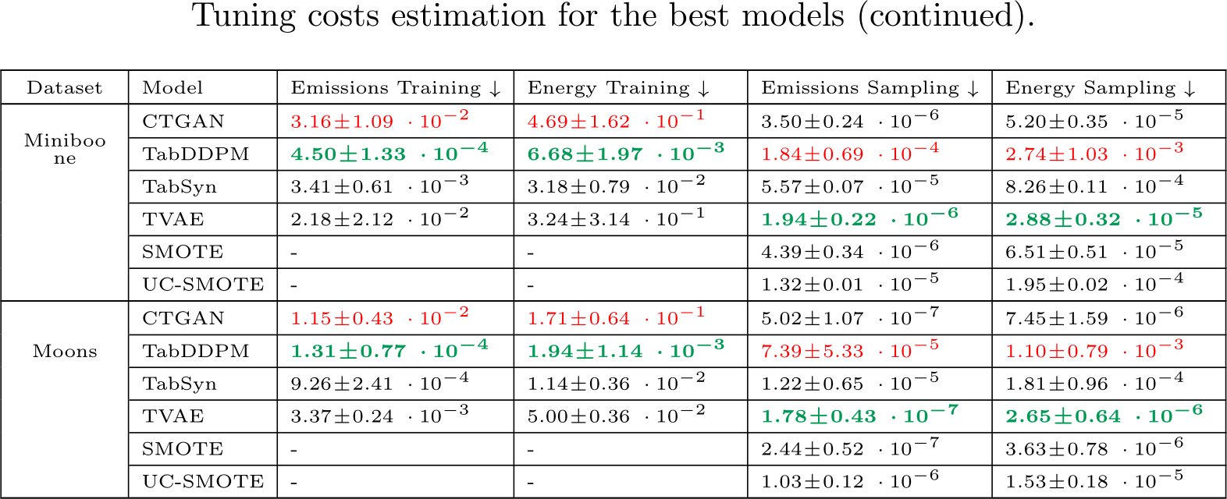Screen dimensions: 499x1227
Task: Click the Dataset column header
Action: [x=64, y=88]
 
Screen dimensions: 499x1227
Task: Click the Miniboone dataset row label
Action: [x=65, y=149]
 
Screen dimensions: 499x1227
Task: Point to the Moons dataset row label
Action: [x=65, y=352]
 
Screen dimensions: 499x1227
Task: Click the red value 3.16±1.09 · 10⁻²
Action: [x=379, y=121]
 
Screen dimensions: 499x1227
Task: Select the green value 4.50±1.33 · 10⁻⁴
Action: [x=389, y=154]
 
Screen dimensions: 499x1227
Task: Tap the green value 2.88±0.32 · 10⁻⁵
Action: [x=1103, y=219]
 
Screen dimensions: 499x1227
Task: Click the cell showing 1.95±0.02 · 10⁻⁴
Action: [x=1094, y=285]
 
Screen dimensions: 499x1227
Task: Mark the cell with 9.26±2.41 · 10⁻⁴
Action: [x=379, y=384]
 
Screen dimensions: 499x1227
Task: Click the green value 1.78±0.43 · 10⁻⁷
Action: [x=859, y=416]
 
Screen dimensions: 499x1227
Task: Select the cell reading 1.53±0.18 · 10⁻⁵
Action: [x=1094, y=482]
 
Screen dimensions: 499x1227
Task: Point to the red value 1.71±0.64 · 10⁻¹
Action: [x=615, y=318]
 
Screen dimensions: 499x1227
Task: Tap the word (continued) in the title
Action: [x=945, y=16]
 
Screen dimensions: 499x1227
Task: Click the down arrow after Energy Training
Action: [x=703, y=89]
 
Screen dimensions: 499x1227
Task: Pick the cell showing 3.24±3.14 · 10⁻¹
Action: [x=615, y=219]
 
